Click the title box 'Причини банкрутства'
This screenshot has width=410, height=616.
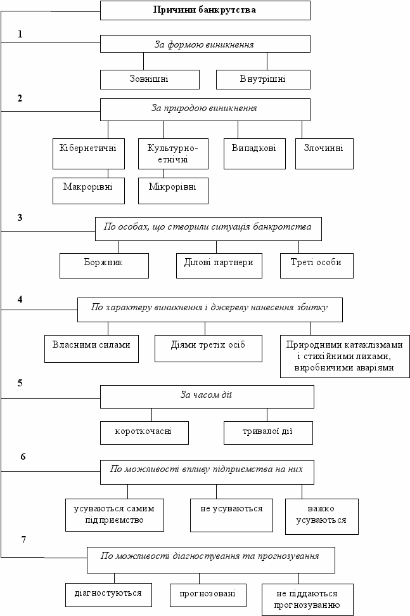click(205, 10)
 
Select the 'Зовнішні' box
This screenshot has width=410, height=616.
click(150, 79)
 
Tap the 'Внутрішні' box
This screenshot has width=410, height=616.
click(263, 79)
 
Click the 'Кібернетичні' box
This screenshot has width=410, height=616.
click(89, 154)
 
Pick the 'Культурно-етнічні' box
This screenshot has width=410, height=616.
click(173, 154)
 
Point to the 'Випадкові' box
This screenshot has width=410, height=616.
click(254, 154)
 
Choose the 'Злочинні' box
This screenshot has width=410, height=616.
click(324, 154)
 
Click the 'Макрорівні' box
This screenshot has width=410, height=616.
click(89, 191)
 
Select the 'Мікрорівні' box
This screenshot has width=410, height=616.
click(173, 191)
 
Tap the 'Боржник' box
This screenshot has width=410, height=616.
click(104, 266)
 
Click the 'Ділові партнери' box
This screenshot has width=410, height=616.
click(219, 266)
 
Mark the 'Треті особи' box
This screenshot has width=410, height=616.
click(317, 266)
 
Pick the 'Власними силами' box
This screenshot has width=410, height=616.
click(91, 348)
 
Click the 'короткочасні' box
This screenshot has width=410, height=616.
click(144, 433)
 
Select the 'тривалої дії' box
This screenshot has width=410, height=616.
click(268, 433)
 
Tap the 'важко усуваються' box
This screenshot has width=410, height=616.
click(322, 516)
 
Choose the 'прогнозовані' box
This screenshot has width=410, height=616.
click(208, 596)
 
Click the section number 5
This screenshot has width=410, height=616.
click(20, 383)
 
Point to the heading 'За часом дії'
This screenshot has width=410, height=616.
click(207, 395)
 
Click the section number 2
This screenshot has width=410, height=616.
click(20, 98)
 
